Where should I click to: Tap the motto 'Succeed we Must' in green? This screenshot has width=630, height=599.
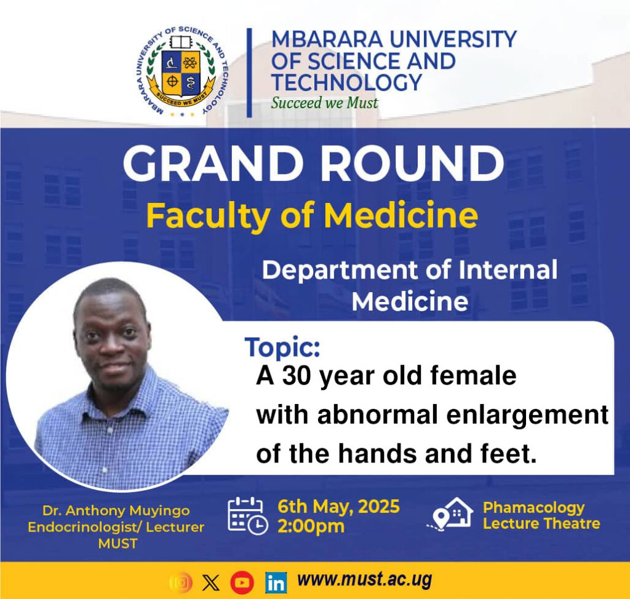(324, 103)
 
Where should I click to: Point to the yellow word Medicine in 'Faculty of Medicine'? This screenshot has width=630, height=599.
(401, 216)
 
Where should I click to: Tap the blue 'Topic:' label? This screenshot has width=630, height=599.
(282, 347)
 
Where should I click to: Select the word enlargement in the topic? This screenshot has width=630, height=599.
(527, 415)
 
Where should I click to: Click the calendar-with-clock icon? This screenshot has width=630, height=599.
(247, 516)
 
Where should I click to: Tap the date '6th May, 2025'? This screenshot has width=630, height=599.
(339, 507)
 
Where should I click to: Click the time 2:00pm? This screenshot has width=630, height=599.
(311, 526)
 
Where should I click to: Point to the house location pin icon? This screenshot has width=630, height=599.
(450, 514)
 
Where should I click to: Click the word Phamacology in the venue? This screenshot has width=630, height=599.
(534, 508)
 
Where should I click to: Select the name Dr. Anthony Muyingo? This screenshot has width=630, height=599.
(116, 510)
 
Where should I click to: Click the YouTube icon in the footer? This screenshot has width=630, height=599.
(242, 582)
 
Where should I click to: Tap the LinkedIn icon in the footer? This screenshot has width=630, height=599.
(276, 582)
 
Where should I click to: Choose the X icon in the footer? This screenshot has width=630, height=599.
(211, 582)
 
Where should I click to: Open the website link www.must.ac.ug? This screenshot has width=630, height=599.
(364, 580)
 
